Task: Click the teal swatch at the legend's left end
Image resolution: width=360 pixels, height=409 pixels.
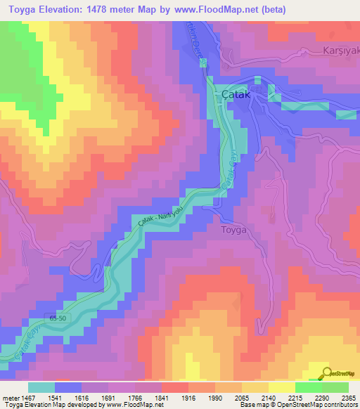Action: (x=41, y=387)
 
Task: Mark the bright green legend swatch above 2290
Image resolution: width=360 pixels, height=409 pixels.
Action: (x=308, y=387)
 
